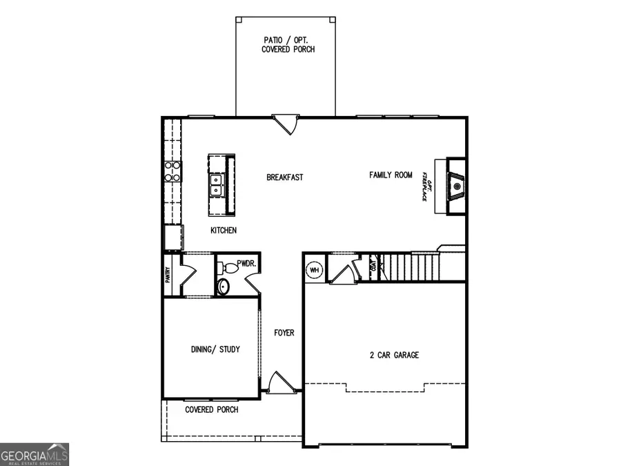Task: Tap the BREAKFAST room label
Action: (x=285, y=177)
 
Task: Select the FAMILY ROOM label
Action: (x=391, y=175)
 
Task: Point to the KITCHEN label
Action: (x=224, y=230)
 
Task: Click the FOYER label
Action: (x=284, y=333)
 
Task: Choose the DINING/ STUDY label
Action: (x=215, y=350)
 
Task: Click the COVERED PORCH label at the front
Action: (x=212, y=409)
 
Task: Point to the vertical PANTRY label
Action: (x=168, y=275)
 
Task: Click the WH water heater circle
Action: (x=315, y=269)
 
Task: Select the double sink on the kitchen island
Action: (x=217, y=184)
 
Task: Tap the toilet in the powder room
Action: (x=224, y=286)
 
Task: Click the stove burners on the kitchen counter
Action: (x=172, y=171)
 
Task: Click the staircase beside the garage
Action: (x=410, y=267)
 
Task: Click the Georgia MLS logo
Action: (x=34, y=455)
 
